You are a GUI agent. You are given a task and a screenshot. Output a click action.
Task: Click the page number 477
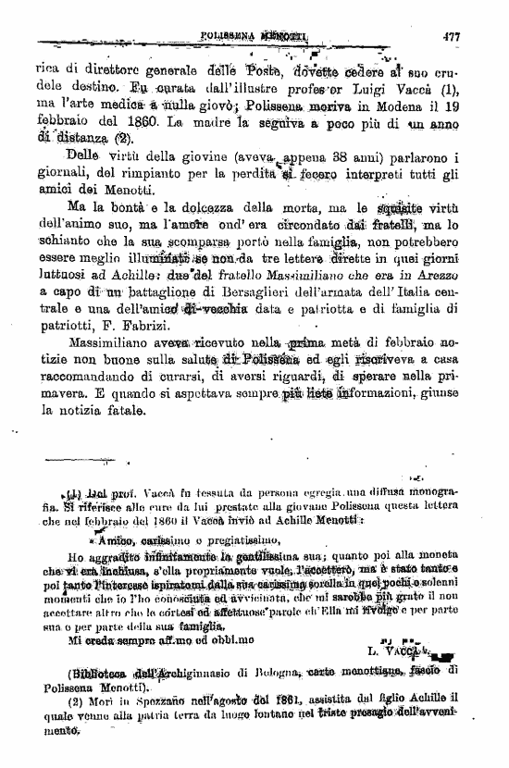451,37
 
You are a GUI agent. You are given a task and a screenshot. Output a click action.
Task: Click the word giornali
61,173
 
